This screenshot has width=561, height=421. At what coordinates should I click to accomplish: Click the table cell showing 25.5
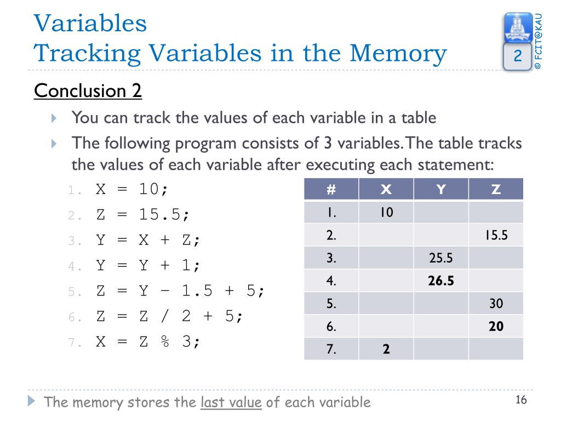coord(441,258)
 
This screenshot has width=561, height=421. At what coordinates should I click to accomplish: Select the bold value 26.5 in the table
coord(441,281)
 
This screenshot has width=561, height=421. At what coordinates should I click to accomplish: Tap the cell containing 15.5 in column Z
coord(496,235)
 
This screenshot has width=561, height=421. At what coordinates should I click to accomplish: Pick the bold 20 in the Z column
coord(496,327)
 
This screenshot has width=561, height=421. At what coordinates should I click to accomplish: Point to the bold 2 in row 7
coord(386,349)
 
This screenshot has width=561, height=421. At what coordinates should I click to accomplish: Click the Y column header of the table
coord(441,190)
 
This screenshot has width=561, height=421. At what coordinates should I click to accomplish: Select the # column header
coord(331,190)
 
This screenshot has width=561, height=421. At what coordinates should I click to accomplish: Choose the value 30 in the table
coord(496,304)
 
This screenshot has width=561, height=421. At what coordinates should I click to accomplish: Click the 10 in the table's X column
coord(386,212)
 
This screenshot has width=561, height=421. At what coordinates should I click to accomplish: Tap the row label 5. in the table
coord(331,304)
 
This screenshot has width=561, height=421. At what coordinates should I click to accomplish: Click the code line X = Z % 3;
coord(148,342)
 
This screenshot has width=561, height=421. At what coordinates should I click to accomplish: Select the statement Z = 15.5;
coord(143,214)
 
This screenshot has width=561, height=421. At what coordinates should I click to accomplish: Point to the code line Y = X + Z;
coord(148,240)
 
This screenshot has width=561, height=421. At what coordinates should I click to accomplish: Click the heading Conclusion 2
coord(88,90)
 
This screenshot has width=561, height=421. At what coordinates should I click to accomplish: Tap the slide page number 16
coord(520,400)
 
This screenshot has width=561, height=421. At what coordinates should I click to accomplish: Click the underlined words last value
coord(231,402)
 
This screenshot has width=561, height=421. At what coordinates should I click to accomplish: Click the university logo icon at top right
coord(517,27)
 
